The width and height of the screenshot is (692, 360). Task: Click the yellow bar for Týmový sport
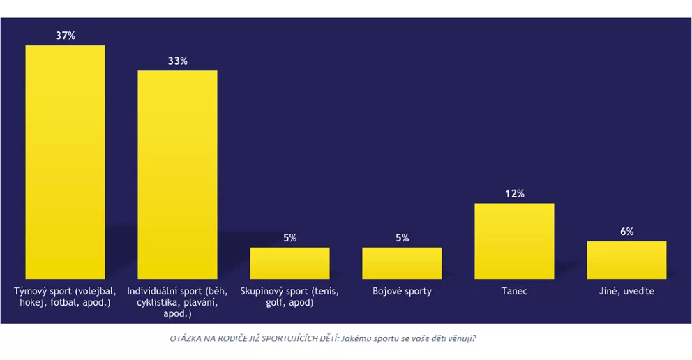coord(65,162)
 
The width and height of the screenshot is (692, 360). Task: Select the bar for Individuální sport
coord(177,174)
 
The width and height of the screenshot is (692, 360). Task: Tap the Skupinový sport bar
coord(289,263)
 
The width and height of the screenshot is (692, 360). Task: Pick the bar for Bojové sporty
coord(402,263)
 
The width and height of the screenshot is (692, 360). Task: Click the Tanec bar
coord(514,241)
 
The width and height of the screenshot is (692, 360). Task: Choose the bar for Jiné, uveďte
coord(626,260)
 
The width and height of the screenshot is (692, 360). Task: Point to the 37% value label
coord(66,36)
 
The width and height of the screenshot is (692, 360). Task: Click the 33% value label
coord(177,61)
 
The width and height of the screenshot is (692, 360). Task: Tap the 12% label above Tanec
coord(515,193)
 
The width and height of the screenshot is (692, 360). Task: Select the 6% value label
coord(626,232)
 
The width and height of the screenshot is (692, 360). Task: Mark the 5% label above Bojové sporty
coord(403,238)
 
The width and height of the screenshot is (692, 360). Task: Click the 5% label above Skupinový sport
coord(290,238)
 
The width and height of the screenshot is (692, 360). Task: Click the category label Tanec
coord(514,291)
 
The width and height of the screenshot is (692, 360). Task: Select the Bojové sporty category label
coord(402,291)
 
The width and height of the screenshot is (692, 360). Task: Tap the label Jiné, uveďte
coord(626,291)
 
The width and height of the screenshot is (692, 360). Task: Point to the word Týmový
coord(30,291)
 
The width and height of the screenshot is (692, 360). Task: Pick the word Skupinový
coord(262,291)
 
